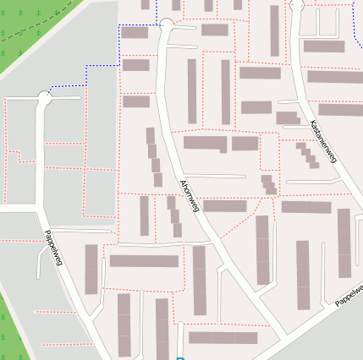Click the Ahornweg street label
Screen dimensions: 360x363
coord(189,195)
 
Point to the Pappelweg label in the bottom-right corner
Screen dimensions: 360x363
coord(349,295)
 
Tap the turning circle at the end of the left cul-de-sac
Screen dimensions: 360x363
coord(44,99)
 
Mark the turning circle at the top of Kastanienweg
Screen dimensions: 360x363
coord(297,5)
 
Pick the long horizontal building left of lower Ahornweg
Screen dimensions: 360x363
coord(144,261)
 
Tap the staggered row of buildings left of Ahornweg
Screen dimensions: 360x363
coord(153,156)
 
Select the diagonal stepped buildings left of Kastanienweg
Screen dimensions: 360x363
coord(307,155)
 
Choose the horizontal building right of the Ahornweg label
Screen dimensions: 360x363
coord(225,205)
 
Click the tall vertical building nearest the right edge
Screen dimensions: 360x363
coord(344,243)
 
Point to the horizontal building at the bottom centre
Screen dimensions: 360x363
coord(223,338)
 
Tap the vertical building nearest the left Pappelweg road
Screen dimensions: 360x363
coord(91,269)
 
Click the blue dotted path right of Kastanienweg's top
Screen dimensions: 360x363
coord(353,25)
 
